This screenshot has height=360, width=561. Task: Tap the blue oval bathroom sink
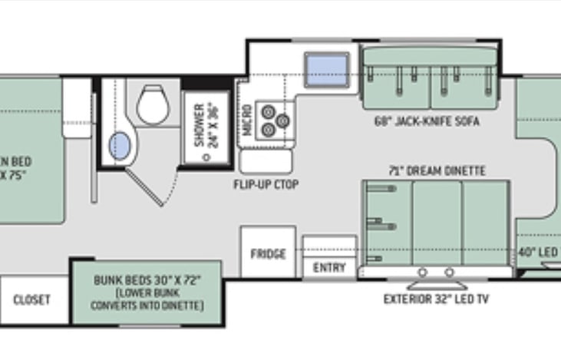pos(120,146)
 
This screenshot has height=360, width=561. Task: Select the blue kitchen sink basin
pos(326,69)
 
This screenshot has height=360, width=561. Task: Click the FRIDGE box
pos(268,254)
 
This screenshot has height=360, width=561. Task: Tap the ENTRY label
pos(329,268)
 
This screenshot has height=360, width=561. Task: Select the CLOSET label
pos(32,299)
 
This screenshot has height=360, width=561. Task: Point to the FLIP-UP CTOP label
pos(266,185)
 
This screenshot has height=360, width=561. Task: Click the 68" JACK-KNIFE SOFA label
pos(427,121)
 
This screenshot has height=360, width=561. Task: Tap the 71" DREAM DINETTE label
pos(436,170)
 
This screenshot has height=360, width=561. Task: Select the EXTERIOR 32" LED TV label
pos(436,299)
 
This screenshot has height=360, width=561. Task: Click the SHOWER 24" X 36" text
pos(206,125)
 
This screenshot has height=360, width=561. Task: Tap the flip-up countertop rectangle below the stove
pos(266,161)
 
